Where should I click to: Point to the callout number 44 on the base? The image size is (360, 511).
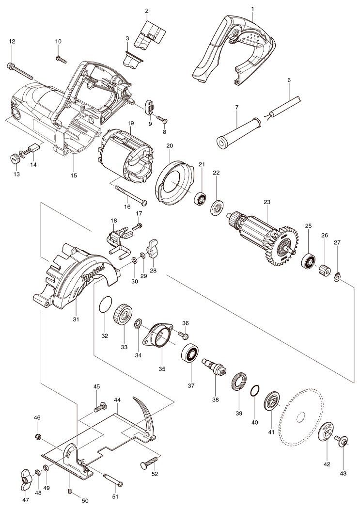coord(117,400)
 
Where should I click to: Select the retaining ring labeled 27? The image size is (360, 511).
coord(338,277)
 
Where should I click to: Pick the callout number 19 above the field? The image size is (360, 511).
coord(130,124)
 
